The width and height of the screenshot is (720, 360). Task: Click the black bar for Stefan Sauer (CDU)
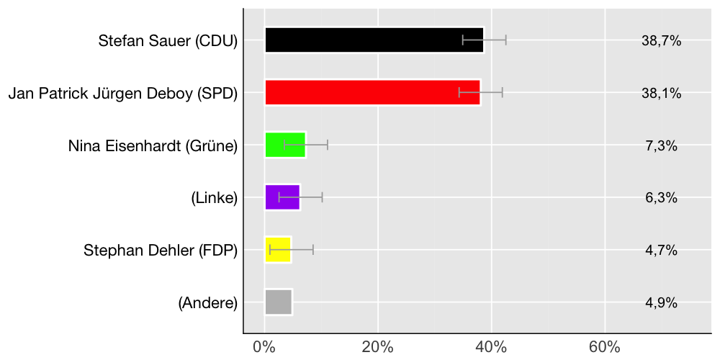coord(374,40)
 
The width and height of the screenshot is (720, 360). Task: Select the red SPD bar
coord(372,93)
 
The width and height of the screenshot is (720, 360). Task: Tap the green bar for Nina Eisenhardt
coord(285,145)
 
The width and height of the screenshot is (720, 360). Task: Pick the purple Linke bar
coord(282,197)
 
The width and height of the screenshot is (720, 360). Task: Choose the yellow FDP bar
coord(278,250)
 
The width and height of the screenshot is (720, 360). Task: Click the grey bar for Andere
coord(279,302)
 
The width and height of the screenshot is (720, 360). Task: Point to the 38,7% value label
coord(661,41)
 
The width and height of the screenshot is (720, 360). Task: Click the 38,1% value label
coord(661,94)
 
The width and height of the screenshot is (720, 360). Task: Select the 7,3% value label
coord(661,146)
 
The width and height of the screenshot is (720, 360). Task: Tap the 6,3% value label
coord(661,198)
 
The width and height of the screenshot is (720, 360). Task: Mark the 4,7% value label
coord(661,251)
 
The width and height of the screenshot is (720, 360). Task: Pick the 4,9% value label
coord(661,303)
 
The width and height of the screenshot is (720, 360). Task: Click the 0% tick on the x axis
coord(265,347)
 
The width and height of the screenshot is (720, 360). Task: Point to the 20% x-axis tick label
coord(378,347)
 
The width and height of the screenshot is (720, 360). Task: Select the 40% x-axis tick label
coord(492,347)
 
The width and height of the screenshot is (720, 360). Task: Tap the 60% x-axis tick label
coord(605,347)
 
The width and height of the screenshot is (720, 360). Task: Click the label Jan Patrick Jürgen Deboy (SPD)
coord(123,94)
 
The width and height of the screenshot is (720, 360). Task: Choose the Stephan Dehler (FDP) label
coord(161,251)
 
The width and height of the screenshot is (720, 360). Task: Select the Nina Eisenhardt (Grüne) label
coord(153,146)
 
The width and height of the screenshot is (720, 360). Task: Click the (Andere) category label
coord(208,303)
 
